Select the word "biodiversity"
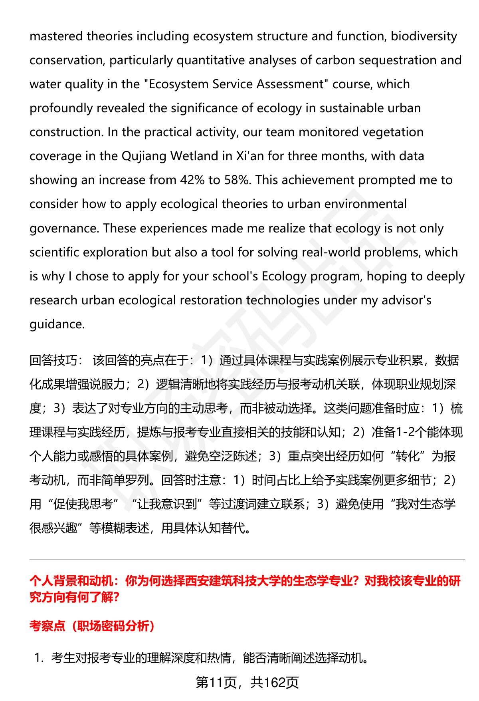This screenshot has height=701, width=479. [424, 36]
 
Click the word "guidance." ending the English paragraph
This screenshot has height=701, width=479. [57, 324]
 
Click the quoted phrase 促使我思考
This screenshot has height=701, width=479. [83, 504]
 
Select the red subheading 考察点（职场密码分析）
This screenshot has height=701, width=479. [92, 626]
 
